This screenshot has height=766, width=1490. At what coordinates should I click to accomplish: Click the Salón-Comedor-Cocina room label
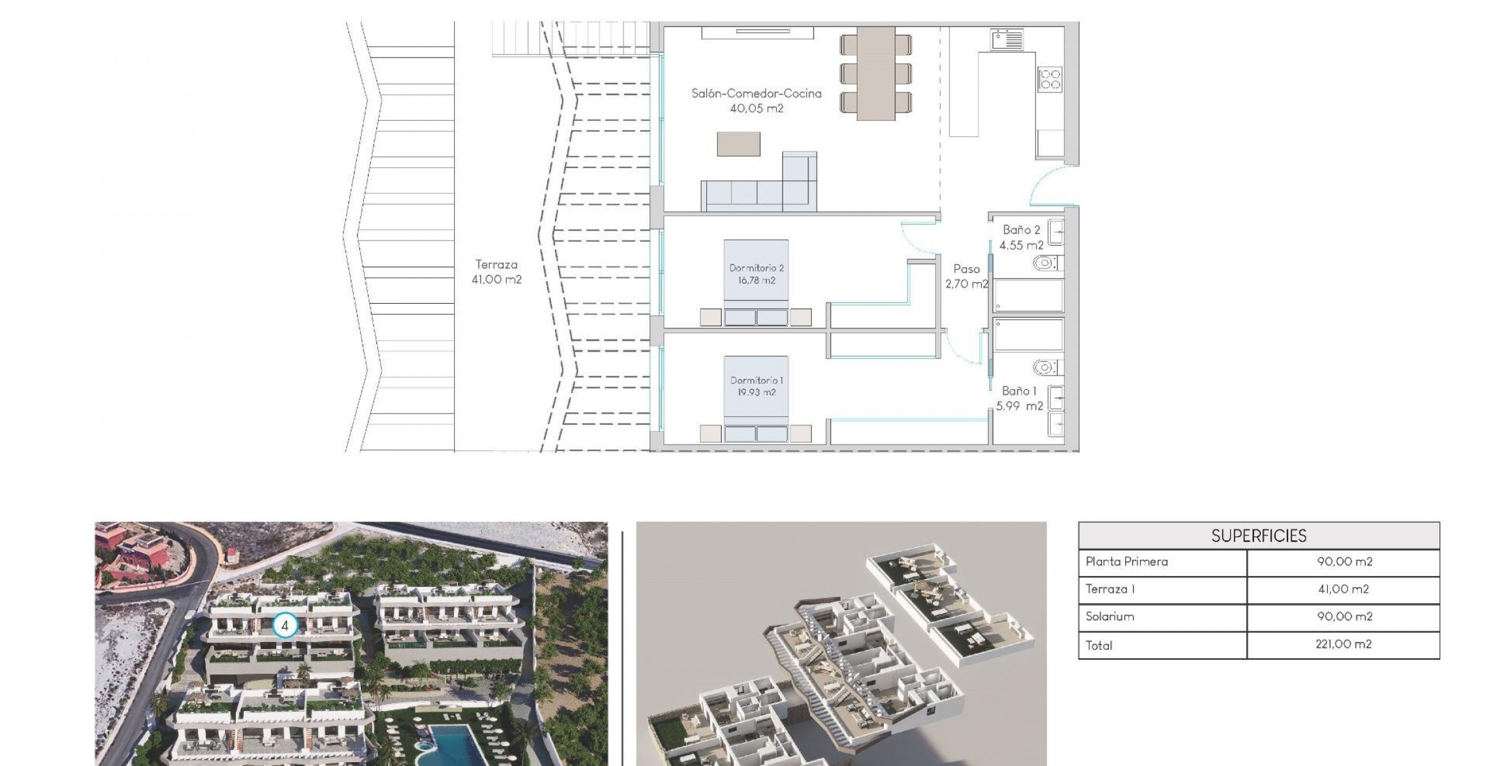(756, 93)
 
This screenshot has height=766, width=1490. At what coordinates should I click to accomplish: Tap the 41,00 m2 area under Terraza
(496, 280)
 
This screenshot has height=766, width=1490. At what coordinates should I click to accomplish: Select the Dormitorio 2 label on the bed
(756, 268)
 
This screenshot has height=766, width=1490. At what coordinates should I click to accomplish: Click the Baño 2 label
(1021, 229)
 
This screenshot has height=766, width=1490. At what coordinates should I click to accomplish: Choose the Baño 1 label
(1019, 391)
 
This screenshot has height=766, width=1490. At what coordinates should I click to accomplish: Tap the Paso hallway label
(966, 269)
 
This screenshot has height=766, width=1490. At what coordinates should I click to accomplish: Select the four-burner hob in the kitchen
(1050, 80)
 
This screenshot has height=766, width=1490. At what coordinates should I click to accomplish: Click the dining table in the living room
(876, 73)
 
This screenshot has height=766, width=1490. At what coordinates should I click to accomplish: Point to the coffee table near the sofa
(738, 144)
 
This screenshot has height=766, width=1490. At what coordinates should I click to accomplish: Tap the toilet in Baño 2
(1044, 263)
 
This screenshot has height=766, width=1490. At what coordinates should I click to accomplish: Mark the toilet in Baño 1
(1044, 368)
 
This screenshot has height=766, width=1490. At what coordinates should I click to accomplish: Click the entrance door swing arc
(1046, 184)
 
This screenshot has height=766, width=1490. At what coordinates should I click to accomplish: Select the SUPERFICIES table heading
(1258, 536)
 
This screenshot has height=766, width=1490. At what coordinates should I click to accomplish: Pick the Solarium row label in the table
(1110, 617)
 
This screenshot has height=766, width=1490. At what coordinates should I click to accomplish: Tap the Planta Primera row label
(1127, 562)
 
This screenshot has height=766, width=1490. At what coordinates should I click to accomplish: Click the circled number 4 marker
(285, 626)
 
